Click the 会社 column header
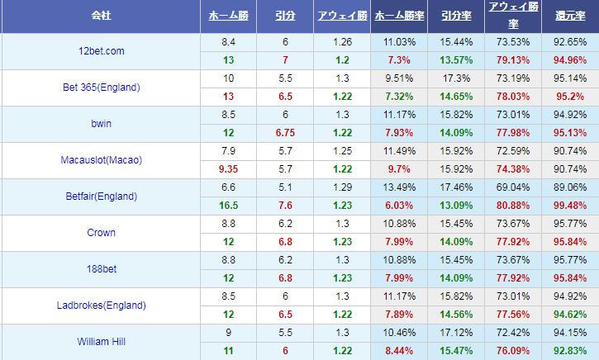point(100,17)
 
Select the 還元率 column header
point(570,17)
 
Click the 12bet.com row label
point(100,51)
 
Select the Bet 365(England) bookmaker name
point(100,88)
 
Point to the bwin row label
point(100,124)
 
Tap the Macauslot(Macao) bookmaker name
point(100,160)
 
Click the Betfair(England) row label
point(100,197)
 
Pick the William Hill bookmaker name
point(100,342)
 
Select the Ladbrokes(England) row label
point(100,306)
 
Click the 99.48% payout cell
point(570,206)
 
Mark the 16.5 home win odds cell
point(228,206)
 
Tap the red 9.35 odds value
point(228,169)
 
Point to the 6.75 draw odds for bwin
point(285,133)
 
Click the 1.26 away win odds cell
point(342,42)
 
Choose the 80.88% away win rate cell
point(513,206)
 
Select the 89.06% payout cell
point(570,187)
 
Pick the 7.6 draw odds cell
point(285,206)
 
